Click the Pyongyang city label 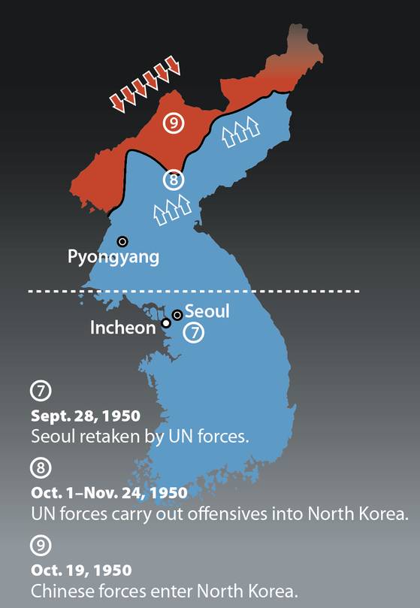113,257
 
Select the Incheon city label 122,328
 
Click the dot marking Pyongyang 122,241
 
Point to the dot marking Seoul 177,315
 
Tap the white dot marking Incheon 166,324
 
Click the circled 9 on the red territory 174,123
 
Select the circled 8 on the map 174,180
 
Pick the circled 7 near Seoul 194,331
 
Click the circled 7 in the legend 40,392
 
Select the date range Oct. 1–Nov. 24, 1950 109,493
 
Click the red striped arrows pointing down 145,84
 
